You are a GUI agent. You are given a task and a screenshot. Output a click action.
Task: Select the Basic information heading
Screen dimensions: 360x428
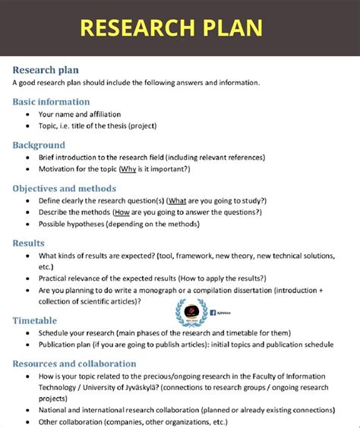pyautogui.click(x=51, y=102)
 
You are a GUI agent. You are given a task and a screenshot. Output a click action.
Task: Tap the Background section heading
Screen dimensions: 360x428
pyautogui.click(x=39, y=145)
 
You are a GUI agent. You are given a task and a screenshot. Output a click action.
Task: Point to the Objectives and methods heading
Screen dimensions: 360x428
pyautogui.click(x=64, y=188)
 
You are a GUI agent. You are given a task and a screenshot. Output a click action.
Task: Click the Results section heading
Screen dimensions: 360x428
pyautogui.click(x=29, y=243)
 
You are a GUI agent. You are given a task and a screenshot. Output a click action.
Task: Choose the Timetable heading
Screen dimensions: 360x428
pyautogui.click(x=34, y=320)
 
